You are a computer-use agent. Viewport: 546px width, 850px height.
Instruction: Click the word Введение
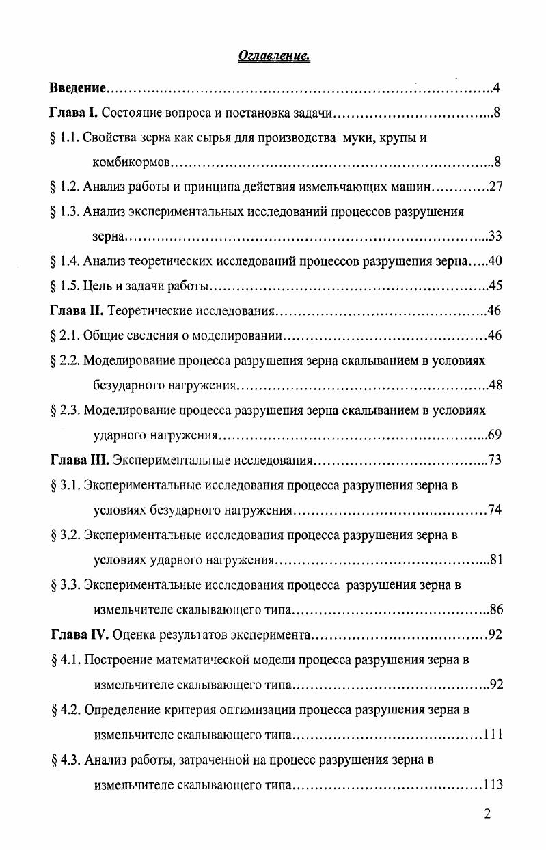tap(78, 88)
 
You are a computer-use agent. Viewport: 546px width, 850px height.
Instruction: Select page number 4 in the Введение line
tap(498, 88)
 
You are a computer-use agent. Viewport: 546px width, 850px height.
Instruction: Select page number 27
tap(496, 187)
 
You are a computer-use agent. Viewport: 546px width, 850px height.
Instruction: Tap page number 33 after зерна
tap(495, 236)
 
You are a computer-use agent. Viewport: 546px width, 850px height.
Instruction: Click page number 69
tap(495, 435)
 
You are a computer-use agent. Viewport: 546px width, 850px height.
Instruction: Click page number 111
tap(493, 735)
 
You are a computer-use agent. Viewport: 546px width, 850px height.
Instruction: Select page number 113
tap(493, 784)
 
